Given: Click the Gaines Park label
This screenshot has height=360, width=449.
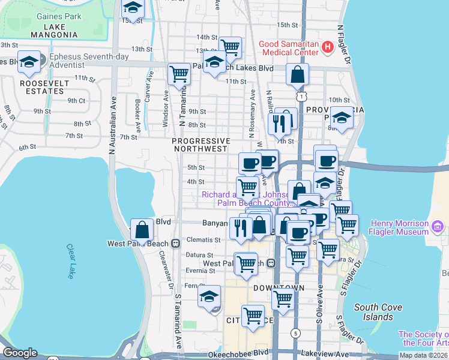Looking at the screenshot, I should point(58,16).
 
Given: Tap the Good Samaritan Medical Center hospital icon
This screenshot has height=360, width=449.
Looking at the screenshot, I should point(328,46).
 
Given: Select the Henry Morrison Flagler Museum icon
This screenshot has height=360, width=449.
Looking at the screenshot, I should point(438,227).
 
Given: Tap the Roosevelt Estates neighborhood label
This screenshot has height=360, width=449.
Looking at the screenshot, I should point(41,87).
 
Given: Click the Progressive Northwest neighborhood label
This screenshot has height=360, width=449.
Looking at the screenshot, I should point(200,144).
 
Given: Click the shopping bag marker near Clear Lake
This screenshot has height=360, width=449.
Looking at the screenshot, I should point(142,229).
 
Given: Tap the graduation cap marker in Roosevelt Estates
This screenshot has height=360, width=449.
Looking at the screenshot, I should point(29,61).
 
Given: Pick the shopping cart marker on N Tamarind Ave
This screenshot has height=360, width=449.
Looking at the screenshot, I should point(179,74).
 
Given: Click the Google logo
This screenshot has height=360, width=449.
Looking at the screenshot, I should point(20,353).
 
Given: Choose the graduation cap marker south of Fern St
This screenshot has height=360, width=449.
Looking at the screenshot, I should point(209,296).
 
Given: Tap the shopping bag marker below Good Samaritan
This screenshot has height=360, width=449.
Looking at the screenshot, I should point(298,74).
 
